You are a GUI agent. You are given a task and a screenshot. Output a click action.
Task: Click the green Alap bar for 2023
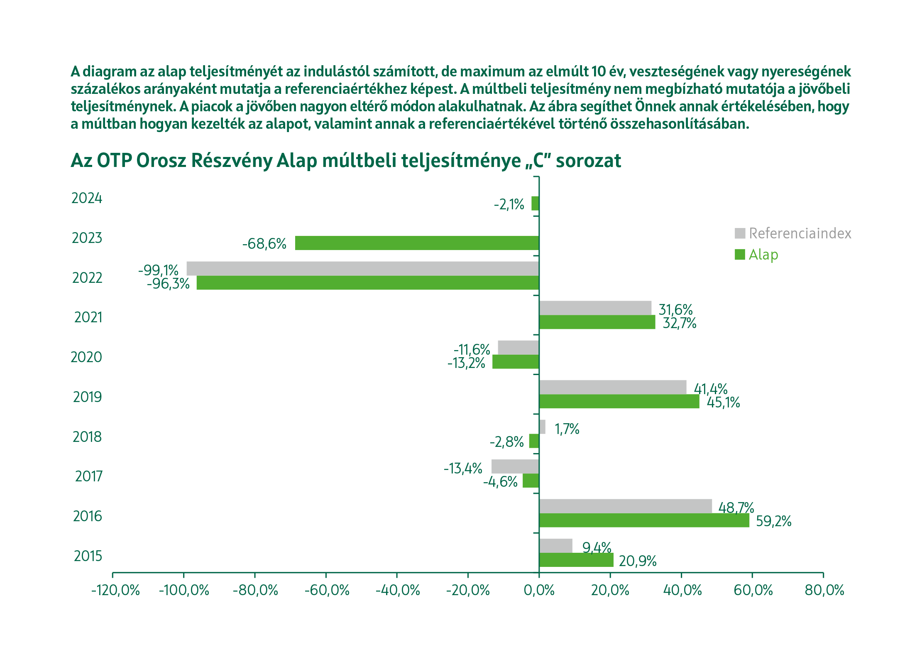pyautogui.click(x=417, y=243)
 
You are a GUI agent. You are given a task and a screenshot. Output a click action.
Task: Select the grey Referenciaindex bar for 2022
pyautogui.click(x=362, y=268)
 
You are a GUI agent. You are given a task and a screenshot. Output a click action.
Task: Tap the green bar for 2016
pyautogui.click(x=644, y=520)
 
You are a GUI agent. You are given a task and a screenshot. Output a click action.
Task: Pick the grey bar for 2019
pyautogui.click(x=612, y=387)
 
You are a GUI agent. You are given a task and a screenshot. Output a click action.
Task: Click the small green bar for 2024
pyautogui.click(x=535, y=204)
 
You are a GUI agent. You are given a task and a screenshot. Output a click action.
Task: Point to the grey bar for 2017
pyautogui.click(x=515, y=466)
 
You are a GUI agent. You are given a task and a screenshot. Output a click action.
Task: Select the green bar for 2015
pyautogui.click(x=576, y=560)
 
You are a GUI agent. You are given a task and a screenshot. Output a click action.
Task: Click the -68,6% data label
pyautogui.click(x=264, y=244)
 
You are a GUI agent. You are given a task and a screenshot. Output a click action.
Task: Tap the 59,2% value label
pyautogui.click(x=773, y=521)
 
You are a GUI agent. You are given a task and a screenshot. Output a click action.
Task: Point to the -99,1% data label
pyautogui.click(x=158, y=270)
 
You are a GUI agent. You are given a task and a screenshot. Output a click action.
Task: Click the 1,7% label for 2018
pyautogui.click(x=567, y=429)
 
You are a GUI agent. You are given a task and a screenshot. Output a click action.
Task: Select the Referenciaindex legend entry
pyautogui.click(x=800, y=233)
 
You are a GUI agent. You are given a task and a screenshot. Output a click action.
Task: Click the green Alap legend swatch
pyautogui.click(x=740, y=255)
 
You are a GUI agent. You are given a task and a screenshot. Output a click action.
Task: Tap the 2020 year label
pyautogui.click(x=86, y=357)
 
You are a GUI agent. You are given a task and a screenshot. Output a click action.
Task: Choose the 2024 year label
pyautogui.click(x=87, y=198)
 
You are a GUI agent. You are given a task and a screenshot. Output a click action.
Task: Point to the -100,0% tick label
pyautogui.click(x=184, y=590)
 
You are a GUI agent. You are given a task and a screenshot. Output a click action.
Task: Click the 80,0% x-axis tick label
pyautogui.click(x=824, y=590)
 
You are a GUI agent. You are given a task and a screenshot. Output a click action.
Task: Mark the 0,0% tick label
pyautogui.click(x=539, y=590)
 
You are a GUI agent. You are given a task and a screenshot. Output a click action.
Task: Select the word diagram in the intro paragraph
pyautogui.click(x=109, y=71)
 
